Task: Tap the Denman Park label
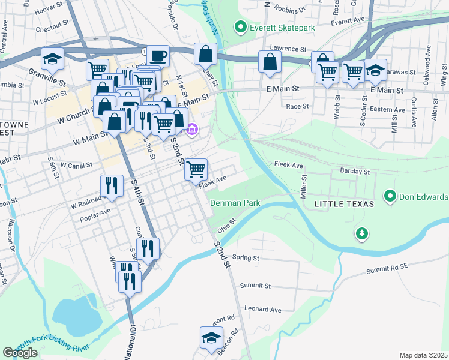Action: tap(235, 203)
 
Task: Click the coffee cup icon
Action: tap(158, 57)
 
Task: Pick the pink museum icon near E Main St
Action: tap(192, 129)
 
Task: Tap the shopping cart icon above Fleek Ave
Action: tap(196, 170)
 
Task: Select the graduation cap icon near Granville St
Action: tap(52, 60)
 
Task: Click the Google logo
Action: tap(20, 353)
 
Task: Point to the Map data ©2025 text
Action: tap(424, 355)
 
